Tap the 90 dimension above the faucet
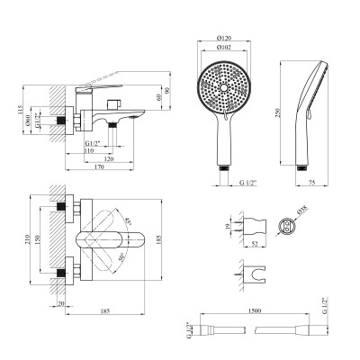click(x=167, y=97)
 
